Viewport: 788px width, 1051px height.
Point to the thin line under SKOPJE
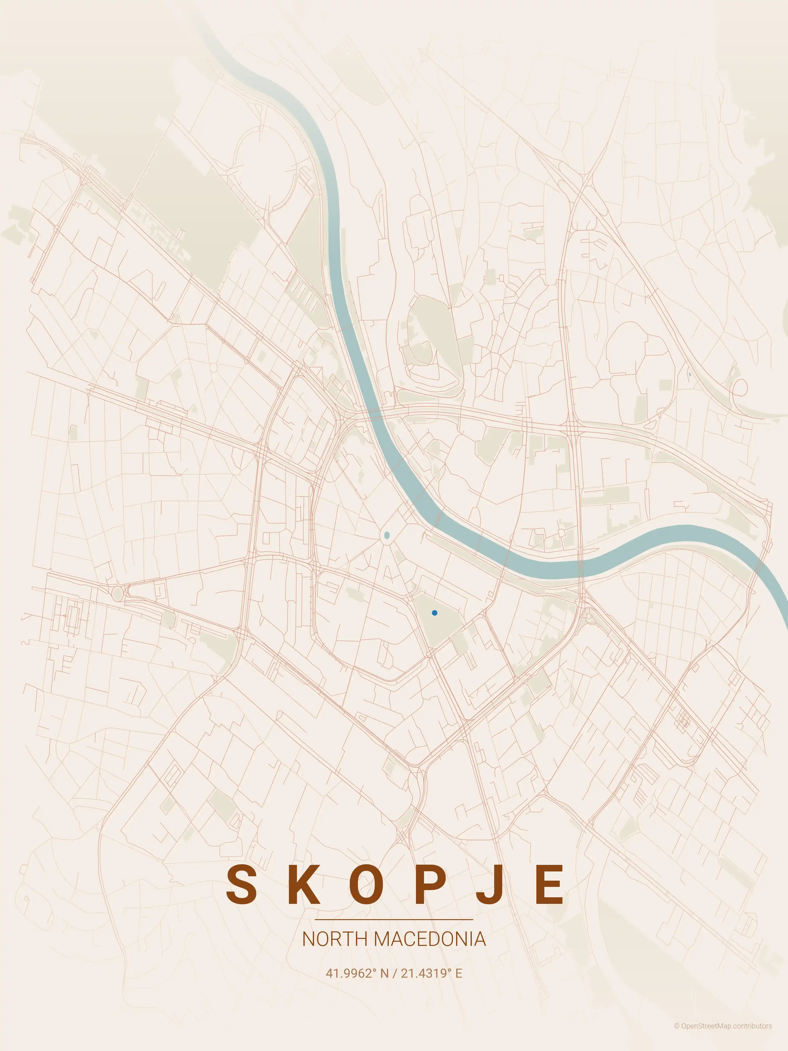click(394, 919)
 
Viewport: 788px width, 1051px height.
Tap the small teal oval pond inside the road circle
click(387, 536)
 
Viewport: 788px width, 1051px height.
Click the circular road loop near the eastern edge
click(740, 388)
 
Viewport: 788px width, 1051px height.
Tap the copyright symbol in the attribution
click(676, 1039)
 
